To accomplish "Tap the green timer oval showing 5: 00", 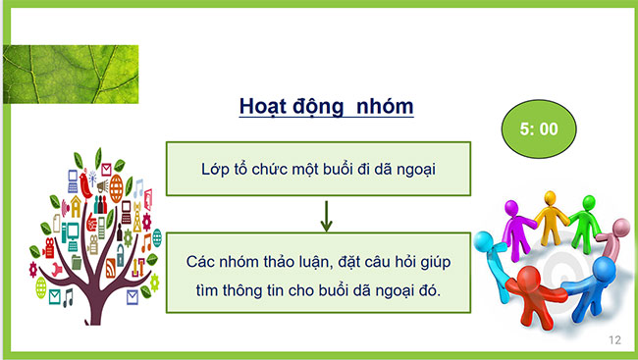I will pos(540,128).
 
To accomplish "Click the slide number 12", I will pos(615,340).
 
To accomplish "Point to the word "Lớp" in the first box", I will pos(213,169).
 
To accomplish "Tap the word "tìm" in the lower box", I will pos(196,291).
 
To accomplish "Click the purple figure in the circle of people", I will pos(516,224).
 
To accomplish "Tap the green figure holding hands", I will pos(586,218).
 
